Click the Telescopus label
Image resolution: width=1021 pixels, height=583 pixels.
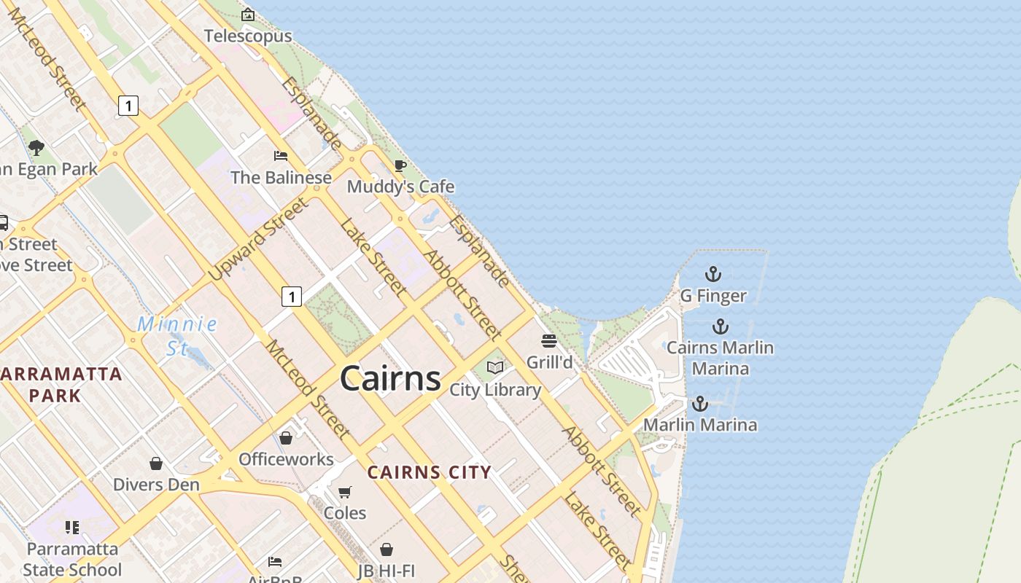coord(248,36)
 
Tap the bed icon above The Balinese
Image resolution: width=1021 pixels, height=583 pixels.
coord(280,155)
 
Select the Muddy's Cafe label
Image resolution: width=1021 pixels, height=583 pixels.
coord(400,187)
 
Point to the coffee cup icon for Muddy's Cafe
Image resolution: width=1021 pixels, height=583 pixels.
coord(400,165)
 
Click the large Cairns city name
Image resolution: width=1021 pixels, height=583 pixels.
coord(390,378)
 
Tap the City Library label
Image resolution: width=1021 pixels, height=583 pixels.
coord(495,390)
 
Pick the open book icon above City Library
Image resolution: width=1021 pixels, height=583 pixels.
coord(495,367)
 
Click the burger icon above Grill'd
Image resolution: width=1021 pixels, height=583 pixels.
coord(549,340)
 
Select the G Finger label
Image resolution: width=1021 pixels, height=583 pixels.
coord(713,296)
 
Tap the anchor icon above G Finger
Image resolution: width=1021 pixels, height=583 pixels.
coord(713,274)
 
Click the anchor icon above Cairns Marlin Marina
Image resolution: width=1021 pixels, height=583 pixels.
coord(721,326)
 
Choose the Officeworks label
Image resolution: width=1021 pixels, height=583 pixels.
coord(286,459)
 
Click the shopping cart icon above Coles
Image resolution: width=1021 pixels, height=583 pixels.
coord(345,492)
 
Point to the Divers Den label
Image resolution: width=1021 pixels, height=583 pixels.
coord(156,485)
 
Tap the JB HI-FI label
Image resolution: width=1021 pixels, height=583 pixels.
coord(387,571)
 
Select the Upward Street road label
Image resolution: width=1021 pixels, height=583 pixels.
coord(258,240)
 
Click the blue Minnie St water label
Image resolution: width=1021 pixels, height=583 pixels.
coord(177,335)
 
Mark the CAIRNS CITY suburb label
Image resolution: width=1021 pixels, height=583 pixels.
coord(429,472)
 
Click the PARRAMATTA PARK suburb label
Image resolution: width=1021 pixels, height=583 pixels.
coord(61,385)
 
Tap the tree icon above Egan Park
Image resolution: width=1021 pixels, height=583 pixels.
coord(36,148)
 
